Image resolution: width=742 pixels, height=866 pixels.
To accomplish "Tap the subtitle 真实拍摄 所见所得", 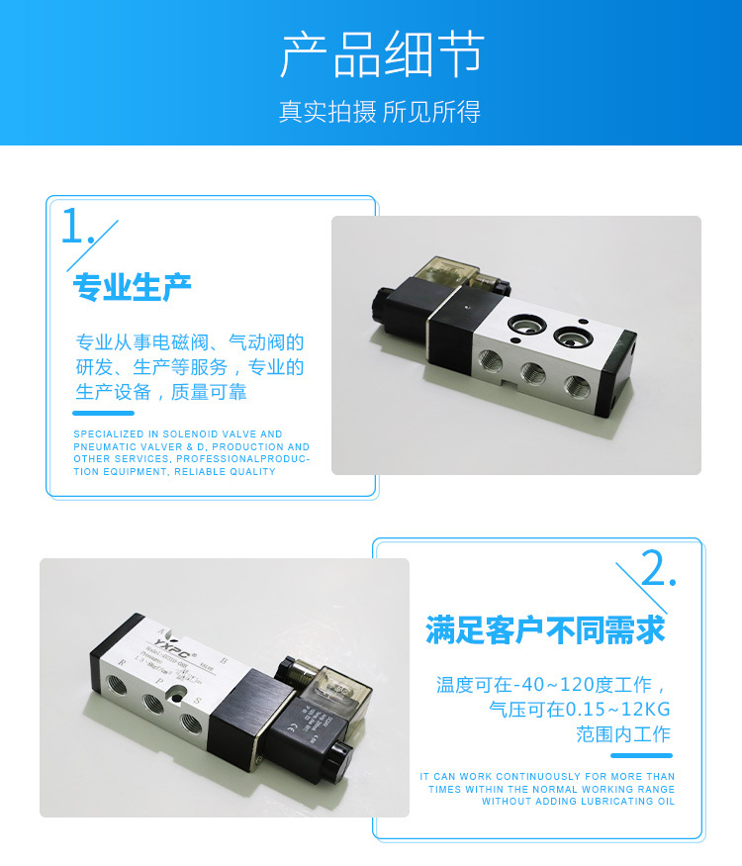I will click(379, 112).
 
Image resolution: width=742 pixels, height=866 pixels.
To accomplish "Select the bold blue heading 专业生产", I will click(132, 288).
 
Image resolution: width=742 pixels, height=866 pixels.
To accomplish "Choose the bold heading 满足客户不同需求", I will click(545, 629).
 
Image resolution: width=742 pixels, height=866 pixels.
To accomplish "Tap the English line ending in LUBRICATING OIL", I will click(578, 801).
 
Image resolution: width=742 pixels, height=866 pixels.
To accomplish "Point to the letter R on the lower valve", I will click(122, 664).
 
